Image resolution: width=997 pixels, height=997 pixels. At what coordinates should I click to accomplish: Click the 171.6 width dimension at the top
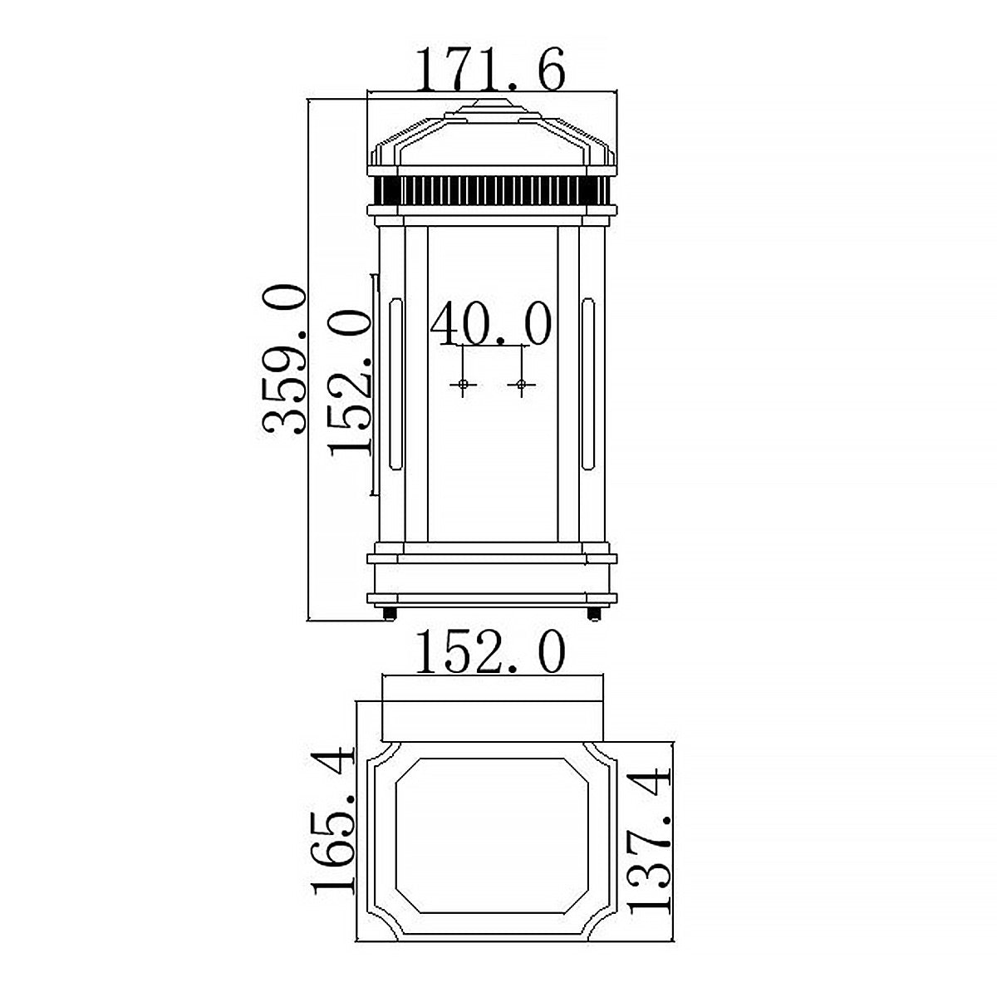[x=490, y=70]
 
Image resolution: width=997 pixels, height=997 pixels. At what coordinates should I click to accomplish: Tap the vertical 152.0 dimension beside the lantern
[x=349, y=382]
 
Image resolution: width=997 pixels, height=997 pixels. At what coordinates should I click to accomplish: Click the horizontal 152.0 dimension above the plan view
[x=490, y=652]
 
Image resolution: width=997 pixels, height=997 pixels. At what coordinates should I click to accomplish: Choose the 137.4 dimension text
[x=649, y=841]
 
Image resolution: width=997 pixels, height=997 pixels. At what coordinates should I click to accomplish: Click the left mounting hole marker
[x=463, y=384]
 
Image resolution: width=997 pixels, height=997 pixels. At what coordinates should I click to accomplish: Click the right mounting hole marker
[x=521, y=384]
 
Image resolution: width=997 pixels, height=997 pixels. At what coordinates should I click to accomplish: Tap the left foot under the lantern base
[x=389, y=614]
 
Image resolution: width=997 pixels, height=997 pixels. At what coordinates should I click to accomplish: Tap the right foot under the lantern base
[x=593, y=614]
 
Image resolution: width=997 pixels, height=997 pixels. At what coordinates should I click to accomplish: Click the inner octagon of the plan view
[x=492, y=835]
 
